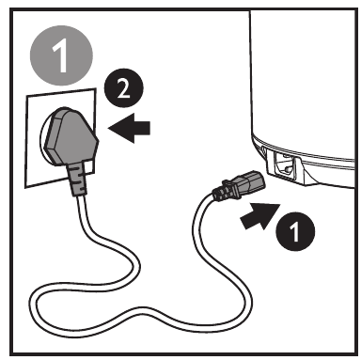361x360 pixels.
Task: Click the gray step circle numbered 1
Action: coord(61,55)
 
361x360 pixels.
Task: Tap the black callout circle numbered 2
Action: coord(123,88)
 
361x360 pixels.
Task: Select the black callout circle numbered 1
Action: coord(295,231)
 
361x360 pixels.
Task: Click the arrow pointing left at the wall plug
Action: coord(129,128)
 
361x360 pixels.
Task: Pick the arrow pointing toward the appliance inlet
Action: coord(259,216)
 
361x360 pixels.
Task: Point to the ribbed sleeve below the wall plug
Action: coord(76,179)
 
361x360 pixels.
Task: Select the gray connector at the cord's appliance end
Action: coord(248,185)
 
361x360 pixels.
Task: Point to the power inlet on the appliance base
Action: coord(285,166)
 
